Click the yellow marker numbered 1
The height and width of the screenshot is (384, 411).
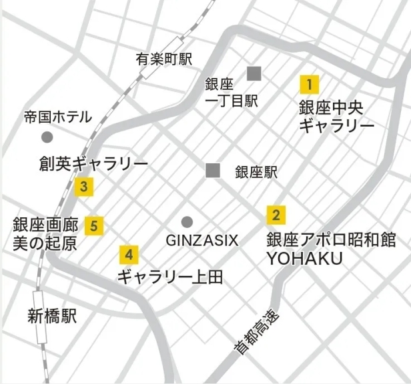(309, 85)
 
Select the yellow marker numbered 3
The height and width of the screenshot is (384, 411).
(83, 187)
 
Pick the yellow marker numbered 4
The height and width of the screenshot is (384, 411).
(129, 254)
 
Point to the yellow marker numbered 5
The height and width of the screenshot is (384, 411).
(95, 225)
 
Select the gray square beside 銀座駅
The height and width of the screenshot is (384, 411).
(213, 170)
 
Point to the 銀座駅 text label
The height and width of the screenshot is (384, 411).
(256, 172)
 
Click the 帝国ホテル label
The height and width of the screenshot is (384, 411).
(57, 117)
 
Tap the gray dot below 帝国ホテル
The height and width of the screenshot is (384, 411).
(47, 137)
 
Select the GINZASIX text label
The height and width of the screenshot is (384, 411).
(201, 240)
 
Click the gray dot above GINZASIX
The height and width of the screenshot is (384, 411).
(187, 221)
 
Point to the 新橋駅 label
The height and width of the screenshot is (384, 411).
(53, 315)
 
